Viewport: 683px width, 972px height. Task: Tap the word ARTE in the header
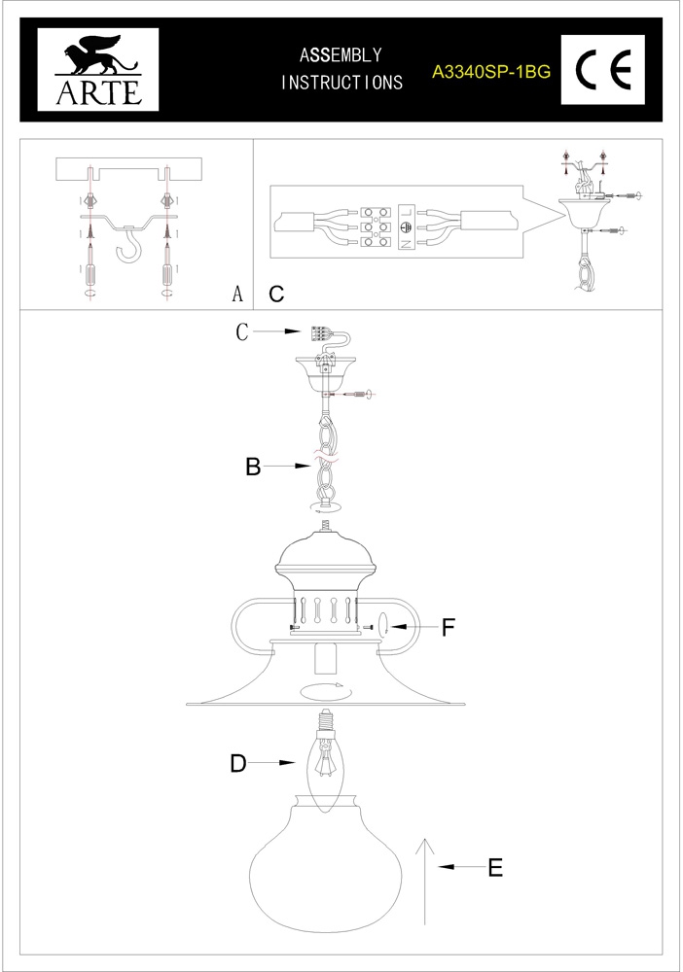coord(91,91)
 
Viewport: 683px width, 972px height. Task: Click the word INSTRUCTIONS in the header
coord(341,83)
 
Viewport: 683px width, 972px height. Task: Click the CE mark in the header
coord(604,69)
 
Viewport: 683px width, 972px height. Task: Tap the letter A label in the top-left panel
coord(236,294)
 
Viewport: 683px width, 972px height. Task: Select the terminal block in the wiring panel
coord(379,226)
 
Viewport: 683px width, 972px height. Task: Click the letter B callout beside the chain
coord(253,468)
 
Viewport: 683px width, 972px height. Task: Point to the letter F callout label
coord(449,628)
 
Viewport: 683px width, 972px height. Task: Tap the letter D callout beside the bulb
coord(238,764)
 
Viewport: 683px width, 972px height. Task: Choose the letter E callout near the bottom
coord(495,867)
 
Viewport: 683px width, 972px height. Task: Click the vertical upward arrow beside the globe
coord(424,880)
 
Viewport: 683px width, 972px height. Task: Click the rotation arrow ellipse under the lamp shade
coord(327,692)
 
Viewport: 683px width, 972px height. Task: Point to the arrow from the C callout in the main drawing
coord(278,332)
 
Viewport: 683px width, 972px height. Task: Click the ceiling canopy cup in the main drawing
coord(327,373)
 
